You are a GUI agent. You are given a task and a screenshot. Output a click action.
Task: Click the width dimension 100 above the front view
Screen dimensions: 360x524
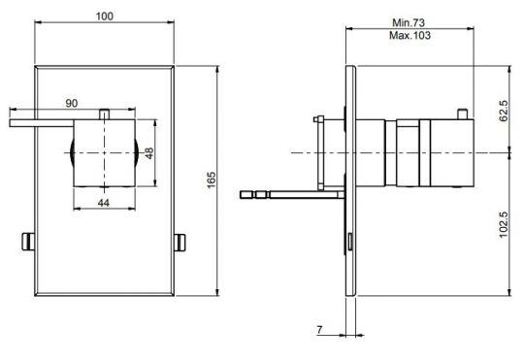tap(105, 16)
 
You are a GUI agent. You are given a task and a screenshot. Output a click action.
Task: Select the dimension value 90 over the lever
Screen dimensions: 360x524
tap(72, 103)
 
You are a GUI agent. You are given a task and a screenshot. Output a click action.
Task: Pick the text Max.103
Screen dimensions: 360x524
tap(409, 34)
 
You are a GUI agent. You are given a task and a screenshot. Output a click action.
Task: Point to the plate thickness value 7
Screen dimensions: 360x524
tap(321, 331)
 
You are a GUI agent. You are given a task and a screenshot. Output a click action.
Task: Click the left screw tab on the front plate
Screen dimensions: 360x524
tap(29, 241)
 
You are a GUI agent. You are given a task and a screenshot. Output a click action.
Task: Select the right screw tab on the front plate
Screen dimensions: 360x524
tap(180, 241)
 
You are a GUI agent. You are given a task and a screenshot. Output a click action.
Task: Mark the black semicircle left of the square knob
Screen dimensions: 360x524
tap(73, 154)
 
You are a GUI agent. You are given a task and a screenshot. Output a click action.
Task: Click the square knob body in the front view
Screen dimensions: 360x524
tap(106, 154)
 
